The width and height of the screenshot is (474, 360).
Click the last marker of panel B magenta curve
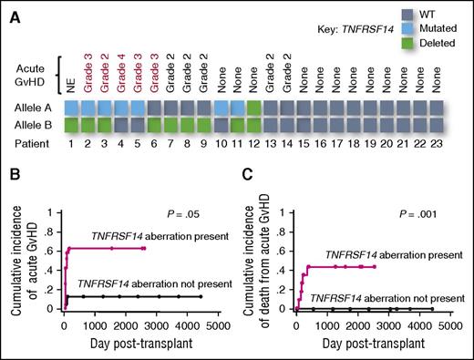142,248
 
